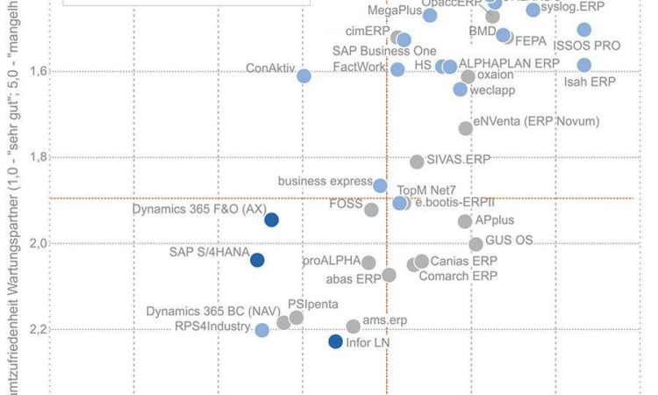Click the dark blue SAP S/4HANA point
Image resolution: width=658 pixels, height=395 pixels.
(x=257, y=259)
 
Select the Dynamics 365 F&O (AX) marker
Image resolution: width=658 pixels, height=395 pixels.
(x=272, y=219)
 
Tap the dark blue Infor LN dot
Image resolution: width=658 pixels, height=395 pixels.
(x=335, y=341)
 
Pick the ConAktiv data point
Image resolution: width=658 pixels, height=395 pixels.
(x=304, y=76)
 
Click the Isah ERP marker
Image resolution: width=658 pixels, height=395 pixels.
(x=584, y=65)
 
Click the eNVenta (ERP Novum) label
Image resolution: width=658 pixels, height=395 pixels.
(x=536, y=121)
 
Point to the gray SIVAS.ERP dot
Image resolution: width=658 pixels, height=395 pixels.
(x=417, y=162)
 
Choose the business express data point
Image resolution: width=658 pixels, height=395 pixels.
(x=380, y=185)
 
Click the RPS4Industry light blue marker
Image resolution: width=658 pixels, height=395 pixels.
(x=261, y=330)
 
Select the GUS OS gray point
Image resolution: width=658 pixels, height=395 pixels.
(x=476, y=244)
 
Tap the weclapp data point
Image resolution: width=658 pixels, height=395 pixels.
(x=460, y=90)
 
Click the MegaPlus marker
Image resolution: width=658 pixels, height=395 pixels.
(x=430, y=15)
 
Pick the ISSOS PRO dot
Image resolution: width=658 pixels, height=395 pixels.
(x=584, y=30)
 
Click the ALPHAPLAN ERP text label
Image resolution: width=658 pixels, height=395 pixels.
(x=509, y=65)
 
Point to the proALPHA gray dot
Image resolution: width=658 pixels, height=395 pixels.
(x=368, y=262)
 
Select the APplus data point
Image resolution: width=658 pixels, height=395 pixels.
(x=465, y=221)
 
